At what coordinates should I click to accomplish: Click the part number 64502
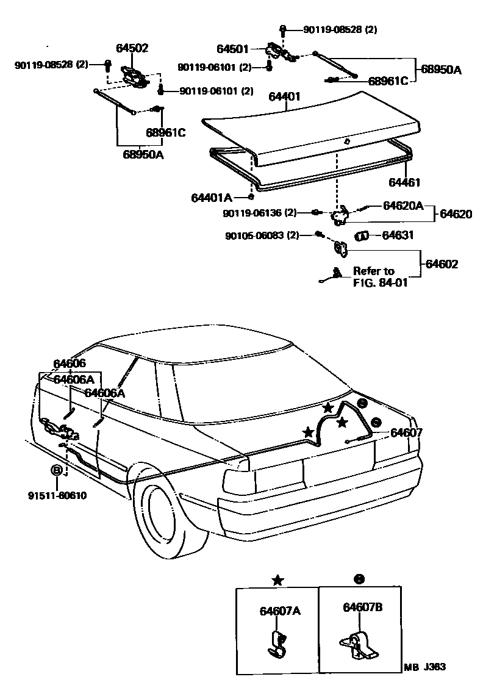pyautogui.click(x=132, y=48)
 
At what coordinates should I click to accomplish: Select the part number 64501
pyautogui.click(x=232, y=48)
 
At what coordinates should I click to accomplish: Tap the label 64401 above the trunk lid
pyautogui.click(x=284, y=96)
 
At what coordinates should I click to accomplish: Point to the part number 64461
pyautogui.click(x=404, y=182)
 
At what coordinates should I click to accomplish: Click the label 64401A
pyautogui.click(x=211, y=198)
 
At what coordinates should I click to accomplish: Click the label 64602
pyautogui.click(x=442, y=264)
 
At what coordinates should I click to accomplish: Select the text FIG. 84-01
pyautogui.click(x=380, y=282)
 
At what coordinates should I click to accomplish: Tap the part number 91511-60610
pyautogui.click(x=58, y=495)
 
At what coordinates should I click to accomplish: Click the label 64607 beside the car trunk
pyautogui.click(x=406, y=432)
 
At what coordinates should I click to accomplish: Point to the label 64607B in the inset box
pyautogui.click(x=362, y=607)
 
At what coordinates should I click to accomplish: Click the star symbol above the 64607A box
pyautogui.click(x=277, y=580)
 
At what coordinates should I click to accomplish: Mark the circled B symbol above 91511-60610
pyautogui.click(x=56, y=470)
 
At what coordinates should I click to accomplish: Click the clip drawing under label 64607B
pyautogui.click(x=357, y=645)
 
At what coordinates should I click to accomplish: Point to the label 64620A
pyautogui.click(x=403, y=206)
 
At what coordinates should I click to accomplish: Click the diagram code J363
pyautogui.click(x=434, y=667)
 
